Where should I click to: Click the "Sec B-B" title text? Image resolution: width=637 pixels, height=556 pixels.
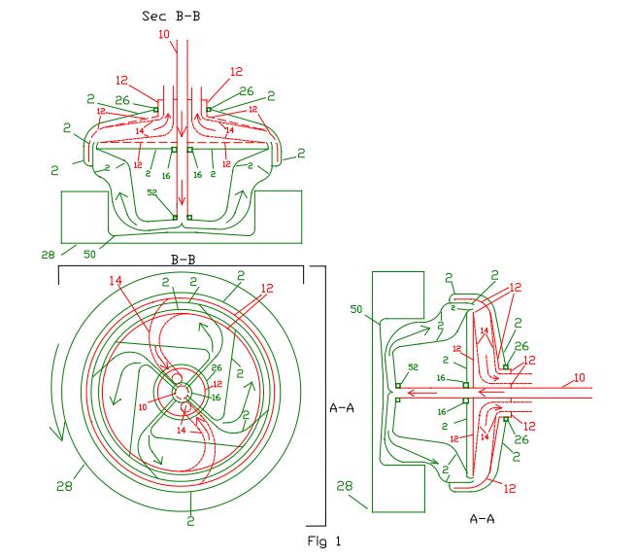click(171, 16)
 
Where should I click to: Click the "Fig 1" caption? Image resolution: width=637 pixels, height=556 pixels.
click(324, 541)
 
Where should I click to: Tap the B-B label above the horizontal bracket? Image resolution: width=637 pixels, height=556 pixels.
click(183, 260)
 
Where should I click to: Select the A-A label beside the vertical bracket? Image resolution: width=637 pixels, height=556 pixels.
click(342, 407)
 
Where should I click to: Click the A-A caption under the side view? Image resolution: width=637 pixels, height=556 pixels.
click(482, 519)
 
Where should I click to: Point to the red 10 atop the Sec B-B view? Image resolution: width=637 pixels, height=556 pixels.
click(164, 34)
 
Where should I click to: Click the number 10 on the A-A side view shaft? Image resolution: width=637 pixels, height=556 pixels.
click(580, 377)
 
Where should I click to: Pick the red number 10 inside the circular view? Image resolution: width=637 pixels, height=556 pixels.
click(143, 406)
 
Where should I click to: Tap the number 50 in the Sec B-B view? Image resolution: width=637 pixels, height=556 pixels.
click(89, 255)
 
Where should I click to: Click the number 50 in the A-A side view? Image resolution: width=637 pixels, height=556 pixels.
click(355, 309)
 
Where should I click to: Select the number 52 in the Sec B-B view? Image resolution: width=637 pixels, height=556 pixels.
click(151, 192)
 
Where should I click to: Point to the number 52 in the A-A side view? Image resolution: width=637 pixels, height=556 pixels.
click(413, 366)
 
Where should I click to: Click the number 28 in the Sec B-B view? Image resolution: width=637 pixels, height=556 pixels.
click(48, 255)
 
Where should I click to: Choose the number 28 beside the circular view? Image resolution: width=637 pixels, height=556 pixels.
click(64, 486)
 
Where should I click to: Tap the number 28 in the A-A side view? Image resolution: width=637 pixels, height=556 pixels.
click(345, 486)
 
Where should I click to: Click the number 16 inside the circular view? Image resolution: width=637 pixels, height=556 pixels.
click(217, 398)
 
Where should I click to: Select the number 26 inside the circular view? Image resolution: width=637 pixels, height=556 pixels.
click(217, 367)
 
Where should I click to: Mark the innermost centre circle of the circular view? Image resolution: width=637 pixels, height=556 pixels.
click(182, 393)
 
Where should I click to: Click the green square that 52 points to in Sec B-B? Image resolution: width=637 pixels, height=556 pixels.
click(175, 218)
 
